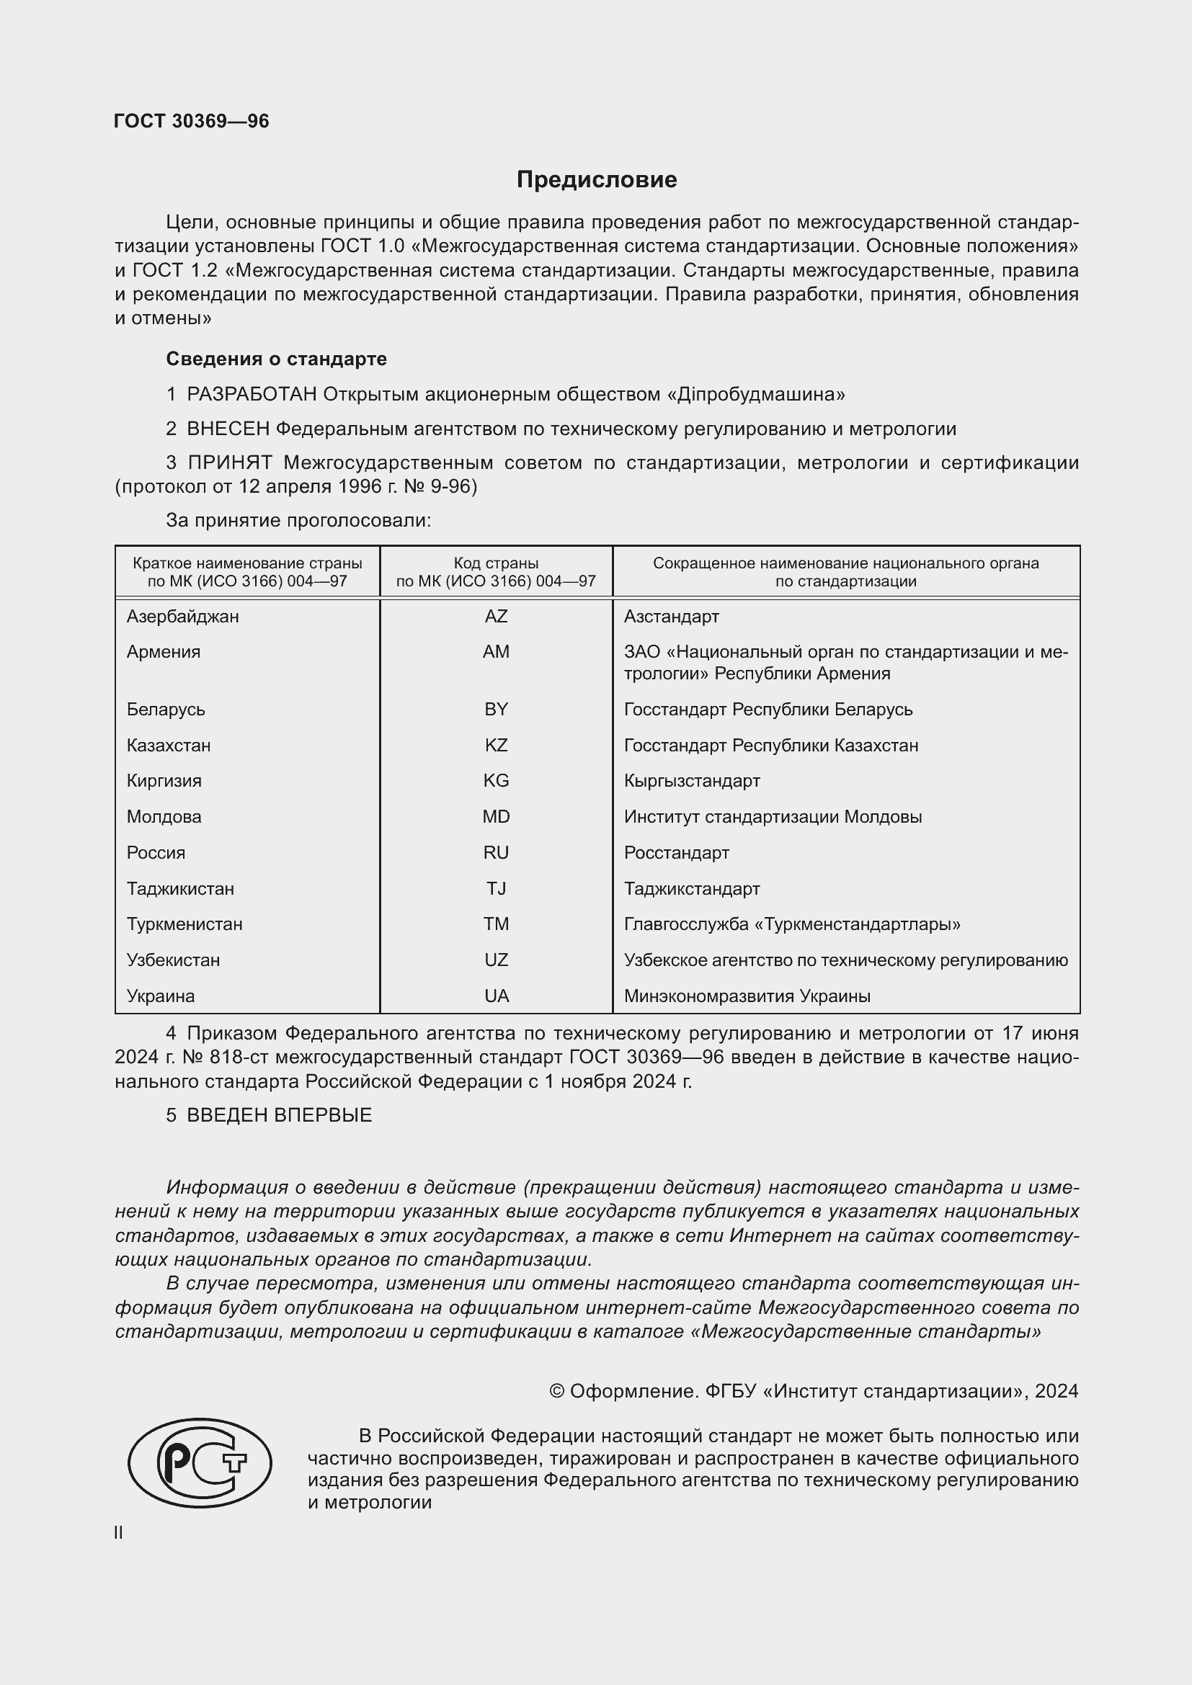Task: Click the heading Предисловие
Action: pyautogui.click(x=596, y=180)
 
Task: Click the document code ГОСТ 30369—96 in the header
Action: pyautogui.click(x=192, y=121)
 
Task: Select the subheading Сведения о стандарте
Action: pyautogui.click(x=276, y=359)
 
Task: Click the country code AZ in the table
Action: pyautogui.click(x=495, y=617)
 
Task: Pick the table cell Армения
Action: pyautogui.click(x=163, y=652)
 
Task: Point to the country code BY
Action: pyautogui.click(x=495, y=710)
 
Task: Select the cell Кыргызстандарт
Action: pyautogui.click(x=691, y=781)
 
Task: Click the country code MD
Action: pyautogui.click(x=495, y=817)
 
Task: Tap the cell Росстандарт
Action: pyautogui.click(x=676, y=853)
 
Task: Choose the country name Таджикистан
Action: pyautogui.click(x=180, y=889)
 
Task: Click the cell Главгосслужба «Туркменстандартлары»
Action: pyautogui.click(x=791, y=924)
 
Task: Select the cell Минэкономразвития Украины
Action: pyautogui.click(x=747, y=996)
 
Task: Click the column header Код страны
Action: pyautogui.click(x=495, y=563)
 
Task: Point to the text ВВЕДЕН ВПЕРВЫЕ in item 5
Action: pyautogui.click(x=279, y=1115)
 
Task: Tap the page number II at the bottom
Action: pyautogui.click(x=118, y=1532)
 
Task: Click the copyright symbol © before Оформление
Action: pyautogui.click(x=556, y=1392)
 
